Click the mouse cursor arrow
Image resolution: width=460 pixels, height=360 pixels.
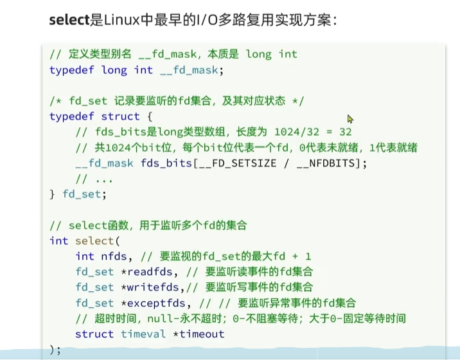pyautogui.click(x=350, y=119)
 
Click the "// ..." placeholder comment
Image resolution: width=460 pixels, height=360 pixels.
pyautogui.click(x=90, y=179)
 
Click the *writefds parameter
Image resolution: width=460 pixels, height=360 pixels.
pyautogui.click(x=148, y=287)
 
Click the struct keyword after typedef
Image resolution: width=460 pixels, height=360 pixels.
pyautogui.click(x=120, y=116)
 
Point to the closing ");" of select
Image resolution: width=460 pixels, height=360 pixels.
pyautogui.click(x=55, y=350)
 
